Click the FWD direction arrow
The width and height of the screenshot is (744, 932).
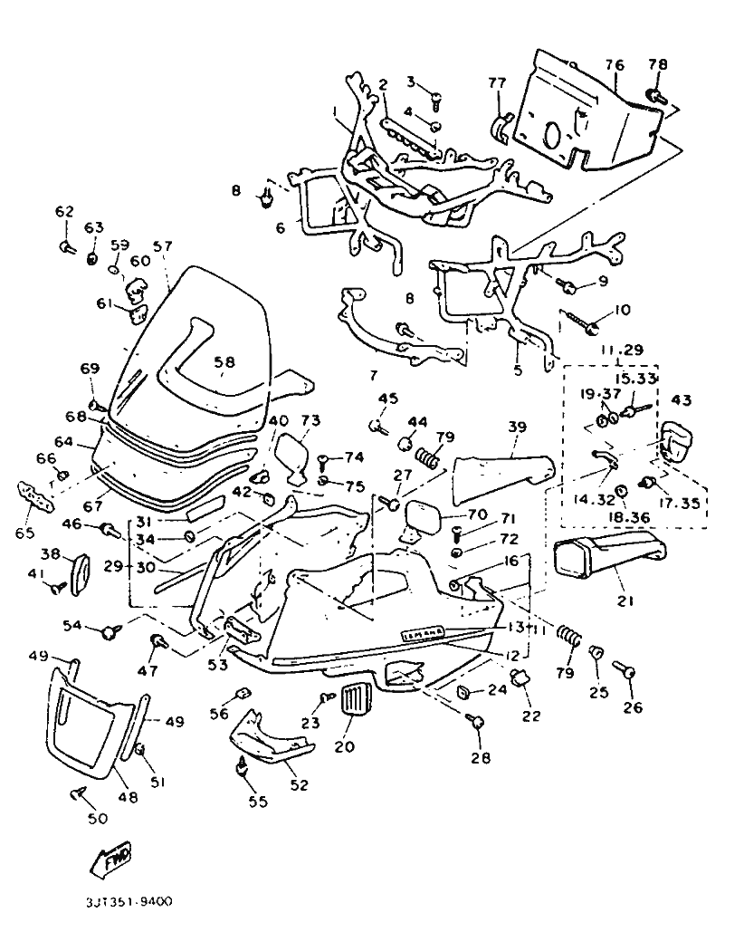[x=110, y=857]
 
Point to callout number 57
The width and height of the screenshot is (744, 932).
[x=162, y=245]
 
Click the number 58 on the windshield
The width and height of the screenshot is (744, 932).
[x=224, y=361]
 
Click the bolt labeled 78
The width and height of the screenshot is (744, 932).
[x=654, y=94]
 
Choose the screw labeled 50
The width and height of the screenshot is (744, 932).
[x=78, y=795]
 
